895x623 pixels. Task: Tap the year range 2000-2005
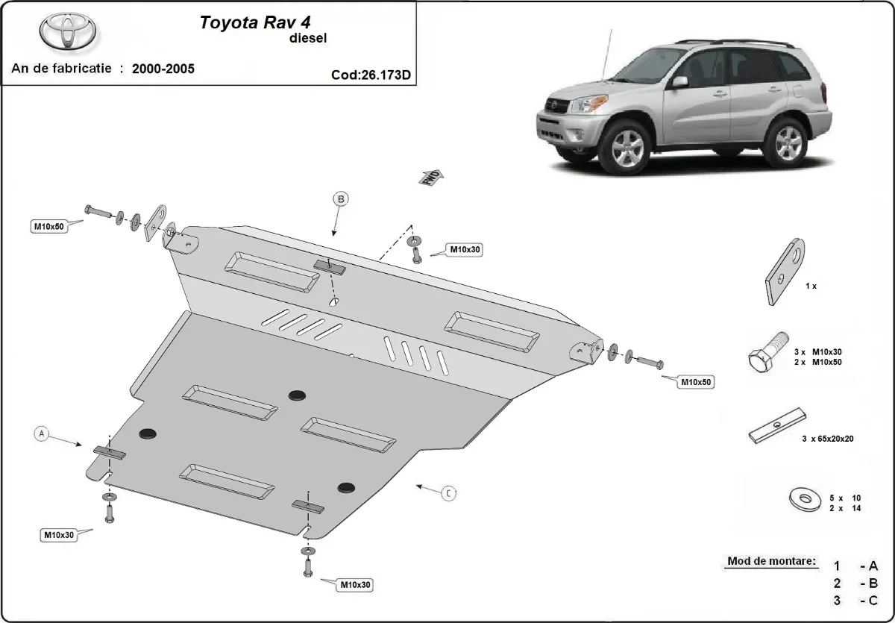(163, 69)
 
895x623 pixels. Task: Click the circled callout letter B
(341, 198)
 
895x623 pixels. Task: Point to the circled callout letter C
(448, 492)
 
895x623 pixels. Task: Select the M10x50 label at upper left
(48, 226)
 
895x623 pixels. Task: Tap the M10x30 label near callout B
(464, 250)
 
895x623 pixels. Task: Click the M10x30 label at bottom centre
(355, 584)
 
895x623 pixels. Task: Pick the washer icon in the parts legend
(801, 498)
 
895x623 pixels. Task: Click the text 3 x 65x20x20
(827, 439)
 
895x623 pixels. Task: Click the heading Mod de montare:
(770, 561)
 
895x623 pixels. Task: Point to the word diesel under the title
(307, 37)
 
